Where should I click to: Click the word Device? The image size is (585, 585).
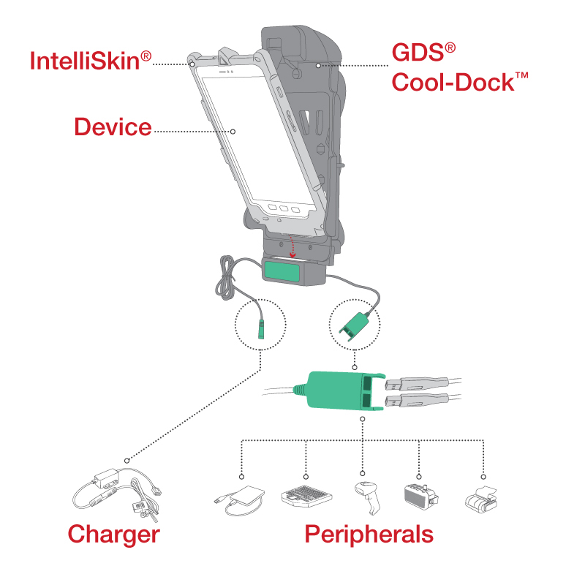click(x=112, y=127)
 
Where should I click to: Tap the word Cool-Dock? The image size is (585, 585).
click(x=452, y=81)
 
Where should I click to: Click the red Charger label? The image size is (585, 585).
click(x=113, y=534)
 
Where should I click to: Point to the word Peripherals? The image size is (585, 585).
click(x=369, y=534)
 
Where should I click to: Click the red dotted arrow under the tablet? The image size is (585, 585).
click(x=294, y=246)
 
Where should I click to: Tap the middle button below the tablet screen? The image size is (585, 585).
click(x=283, y=208)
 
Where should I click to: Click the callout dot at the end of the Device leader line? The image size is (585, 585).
click(x=233, y=132)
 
